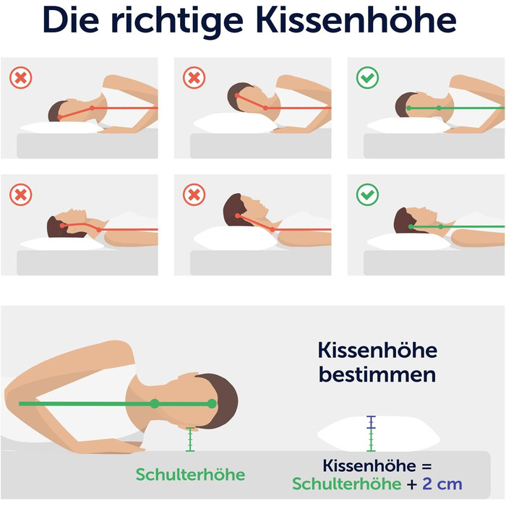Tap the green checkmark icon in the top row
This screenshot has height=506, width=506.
[367, 77]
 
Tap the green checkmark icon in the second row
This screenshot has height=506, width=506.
[367, 194]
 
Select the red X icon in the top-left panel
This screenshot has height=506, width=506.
[21, 77]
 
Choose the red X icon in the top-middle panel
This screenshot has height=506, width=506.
[194, 77]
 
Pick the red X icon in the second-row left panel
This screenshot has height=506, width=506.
[21, 194]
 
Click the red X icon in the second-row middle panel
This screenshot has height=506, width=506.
[194, 194]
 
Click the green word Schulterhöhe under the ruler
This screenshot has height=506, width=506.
[190, 474]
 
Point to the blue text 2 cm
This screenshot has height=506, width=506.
[442, 484]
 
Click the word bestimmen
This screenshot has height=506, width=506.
[377, 374]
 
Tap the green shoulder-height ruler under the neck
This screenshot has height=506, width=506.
[190, 439]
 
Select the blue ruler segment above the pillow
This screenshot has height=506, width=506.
[371, 422]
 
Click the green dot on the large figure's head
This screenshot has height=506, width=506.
[212, 403]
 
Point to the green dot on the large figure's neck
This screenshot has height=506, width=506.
[155, 403]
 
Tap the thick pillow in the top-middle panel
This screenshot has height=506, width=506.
[236, 124]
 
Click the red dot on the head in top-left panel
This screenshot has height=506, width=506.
[59, 117]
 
